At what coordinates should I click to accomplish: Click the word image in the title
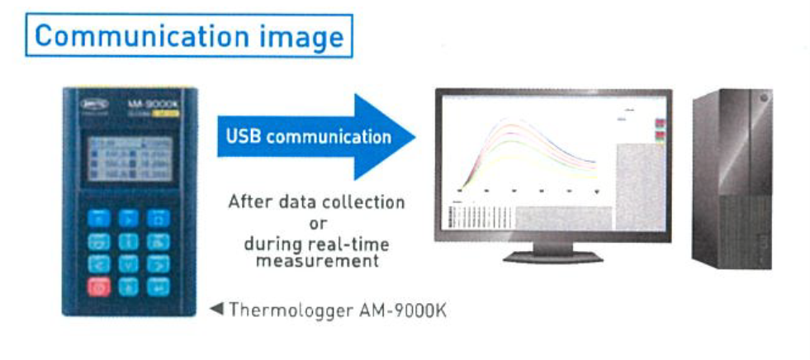pyautogui.click(x=301, y=36)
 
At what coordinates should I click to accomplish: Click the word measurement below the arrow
pyautogui.click(x=318, y=262)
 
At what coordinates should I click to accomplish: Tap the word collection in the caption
pyautogui.click(x=363, y=201)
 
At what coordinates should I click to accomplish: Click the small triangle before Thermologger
pyautogui.click(x=219, y=310)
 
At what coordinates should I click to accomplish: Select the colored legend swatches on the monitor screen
pyautogui.click(x=661, y=130)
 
